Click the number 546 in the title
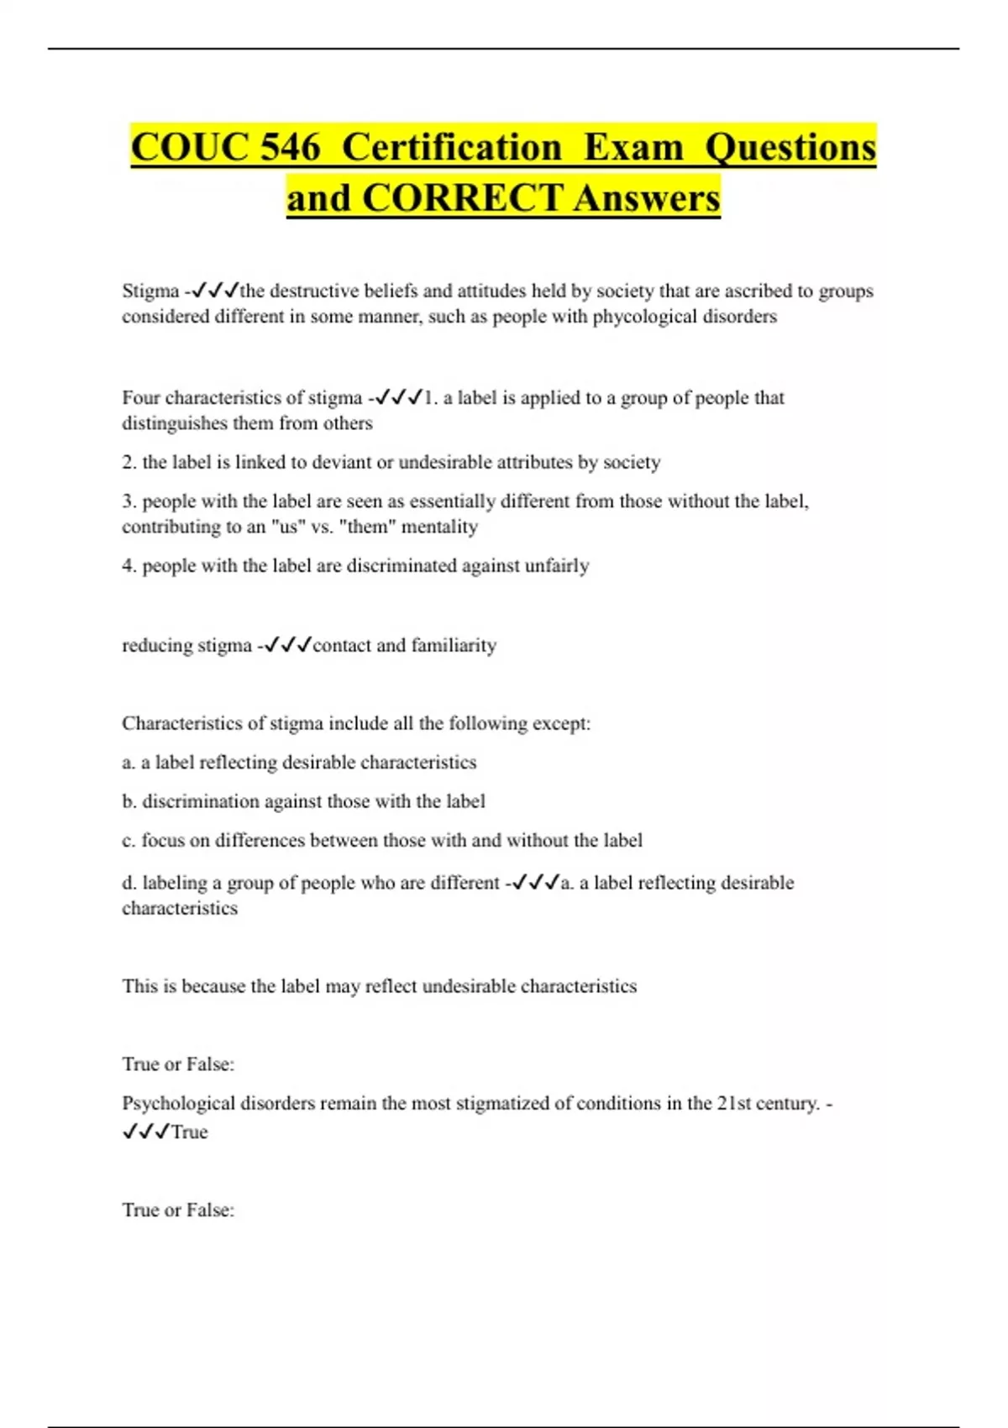coord(290,148)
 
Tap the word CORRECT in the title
coord(462,199)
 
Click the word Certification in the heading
coord(452,148)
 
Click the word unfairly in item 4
coord(557,566)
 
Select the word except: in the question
coord(564,723)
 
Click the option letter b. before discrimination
coord(129,801)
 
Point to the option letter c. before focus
coord(129,841)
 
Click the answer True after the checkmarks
coord(190,1132)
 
